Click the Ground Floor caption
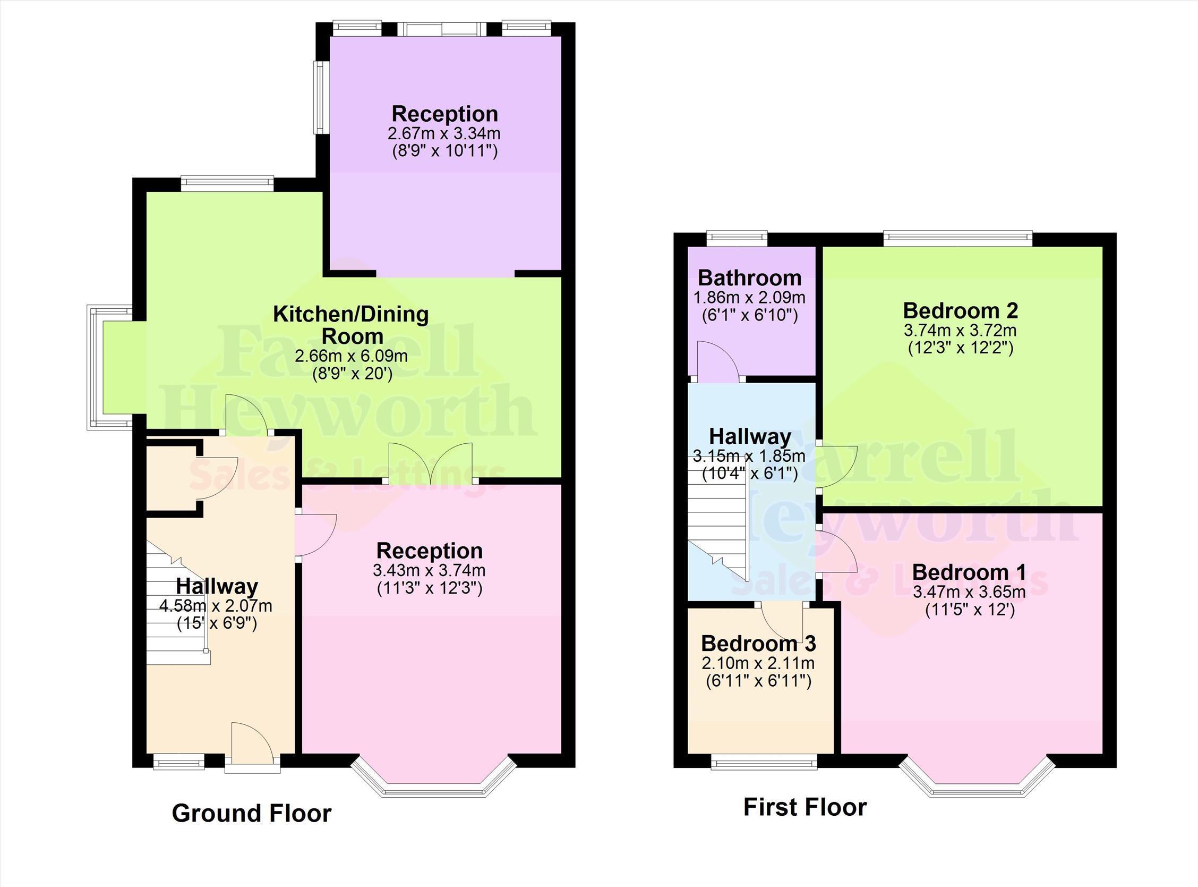point(251,814)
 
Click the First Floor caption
point(805,807)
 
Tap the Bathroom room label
point(749,278)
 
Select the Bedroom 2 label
point(960,311)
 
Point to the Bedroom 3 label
point(759,643)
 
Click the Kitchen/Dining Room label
point(352,325)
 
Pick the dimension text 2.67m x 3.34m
point(444,133)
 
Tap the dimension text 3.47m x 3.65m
point(969,592)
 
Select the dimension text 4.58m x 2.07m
point(216,606)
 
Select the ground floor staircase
point(177,602)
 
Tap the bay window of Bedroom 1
point(978,780)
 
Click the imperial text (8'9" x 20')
point(353,374)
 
